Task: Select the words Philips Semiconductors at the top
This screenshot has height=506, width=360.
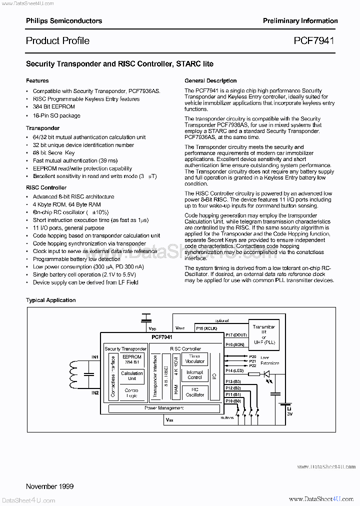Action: (63, 20)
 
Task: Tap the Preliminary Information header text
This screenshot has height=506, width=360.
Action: (300, 20)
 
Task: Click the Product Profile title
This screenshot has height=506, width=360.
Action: (57, 40)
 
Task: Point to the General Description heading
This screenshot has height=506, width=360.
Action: (210, 80)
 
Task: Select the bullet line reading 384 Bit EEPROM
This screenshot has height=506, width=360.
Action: (54, 107)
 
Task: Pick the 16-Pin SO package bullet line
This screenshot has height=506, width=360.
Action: (56, 115)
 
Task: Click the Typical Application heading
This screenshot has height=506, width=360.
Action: (50, 300)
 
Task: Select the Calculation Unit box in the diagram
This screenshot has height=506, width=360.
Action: (132, 376)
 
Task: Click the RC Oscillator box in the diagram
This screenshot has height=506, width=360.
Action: (195, 391)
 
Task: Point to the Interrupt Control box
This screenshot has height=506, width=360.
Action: (195, 375)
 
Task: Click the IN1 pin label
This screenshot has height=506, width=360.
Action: (95, 357)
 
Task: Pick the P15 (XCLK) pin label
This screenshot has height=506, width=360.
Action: (206, 328)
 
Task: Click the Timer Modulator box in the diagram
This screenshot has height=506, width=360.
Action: (195, 359)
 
